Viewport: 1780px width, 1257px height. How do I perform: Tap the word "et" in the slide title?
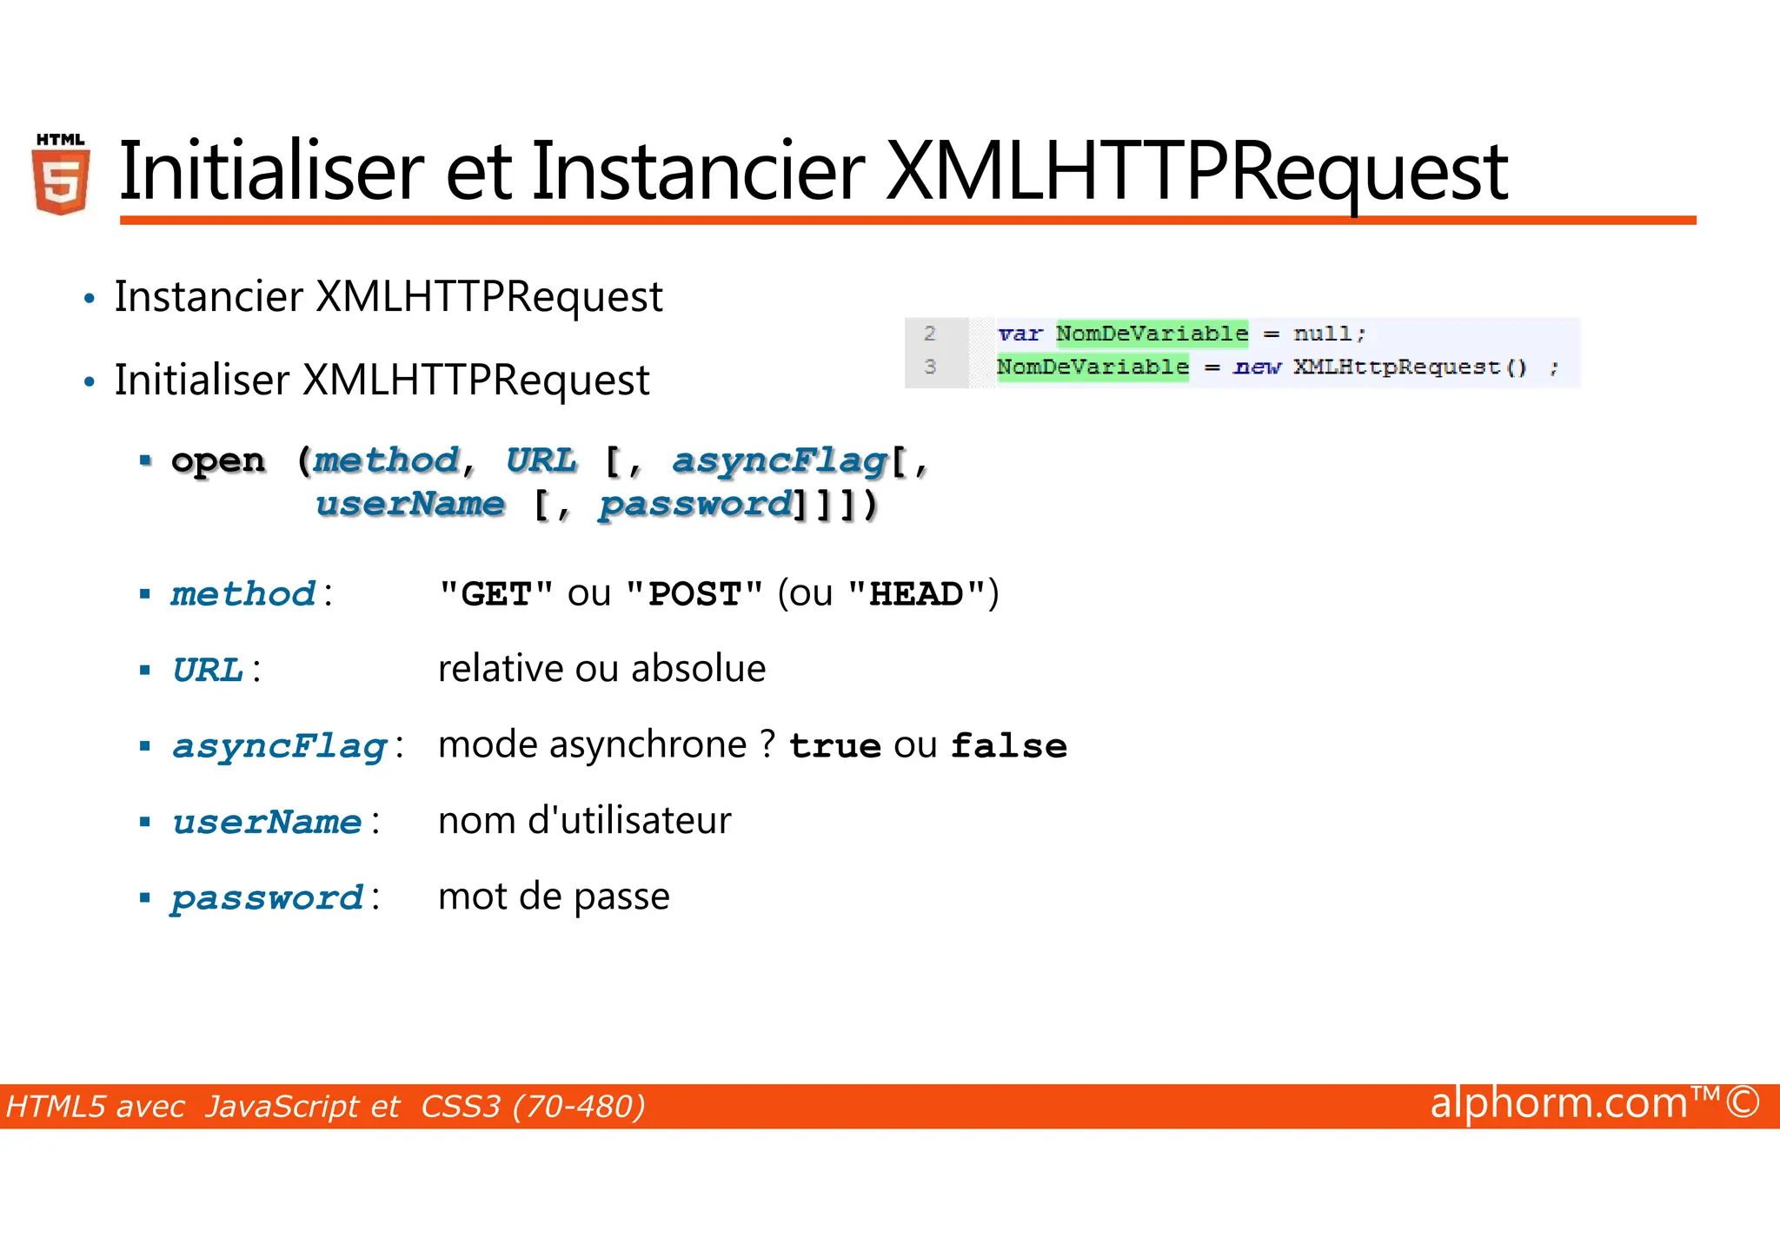[x=478, y=171]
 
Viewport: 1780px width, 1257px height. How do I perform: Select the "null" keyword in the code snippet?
[x=1322, y=334]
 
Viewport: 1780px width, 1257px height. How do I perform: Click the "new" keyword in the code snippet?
[x=1257, y=367]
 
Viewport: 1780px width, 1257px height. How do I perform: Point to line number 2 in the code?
[x=930, y=334]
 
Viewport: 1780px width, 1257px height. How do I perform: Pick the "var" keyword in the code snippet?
[x=1020, y=334]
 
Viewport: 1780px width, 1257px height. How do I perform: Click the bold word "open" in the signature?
[x=218, y=460]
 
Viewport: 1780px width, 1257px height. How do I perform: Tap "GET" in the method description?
[x=496, y=594]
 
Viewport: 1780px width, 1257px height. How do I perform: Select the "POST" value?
[x=694, y=594]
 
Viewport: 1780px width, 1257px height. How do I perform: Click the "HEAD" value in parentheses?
[x=916, y=594]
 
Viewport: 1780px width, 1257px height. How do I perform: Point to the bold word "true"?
[x=834, y=746]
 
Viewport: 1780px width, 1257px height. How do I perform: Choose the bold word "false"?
[x=1008, y=746]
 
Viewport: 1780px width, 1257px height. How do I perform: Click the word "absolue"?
[x=698, y=669]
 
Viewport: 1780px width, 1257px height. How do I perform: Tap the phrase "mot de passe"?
[x=554, y=896]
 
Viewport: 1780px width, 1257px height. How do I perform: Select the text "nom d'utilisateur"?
[x=584, y=821]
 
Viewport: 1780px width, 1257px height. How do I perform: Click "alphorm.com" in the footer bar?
[x=1558, y=1103]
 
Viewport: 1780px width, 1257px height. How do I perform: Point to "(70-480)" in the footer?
[x=579, y=1107]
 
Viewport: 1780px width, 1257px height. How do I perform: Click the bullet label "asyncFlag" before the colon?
[x=279, y=746]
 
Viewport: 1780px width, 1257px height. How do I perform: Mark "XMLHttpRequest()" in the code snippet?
[x=1409, y=367]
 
